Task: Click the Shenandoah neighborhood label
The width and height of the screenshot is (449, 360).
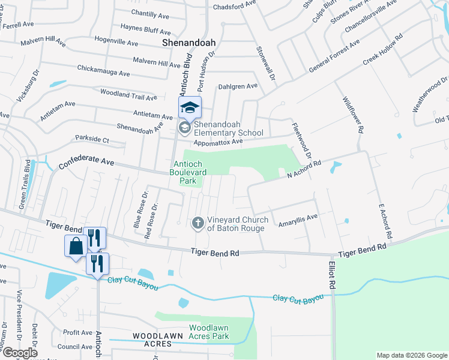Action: click(189, 43)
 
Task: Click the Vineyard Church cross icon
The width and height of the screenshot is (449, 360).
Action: click(197, 223)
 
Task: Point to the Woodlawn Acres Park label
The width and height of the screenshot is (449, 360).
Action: click(209, 332)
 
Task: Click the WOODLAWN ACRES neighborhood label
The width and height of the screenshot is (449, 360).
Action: click(152, 340)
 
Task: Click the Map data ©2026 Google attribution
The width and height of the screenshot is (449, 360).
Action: click(412, 355)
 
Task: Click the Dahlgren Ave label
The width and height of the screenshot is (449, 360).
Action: click(238, 86)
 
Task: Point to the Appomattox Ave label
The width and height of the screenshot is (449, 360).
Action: click(217, 142)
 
